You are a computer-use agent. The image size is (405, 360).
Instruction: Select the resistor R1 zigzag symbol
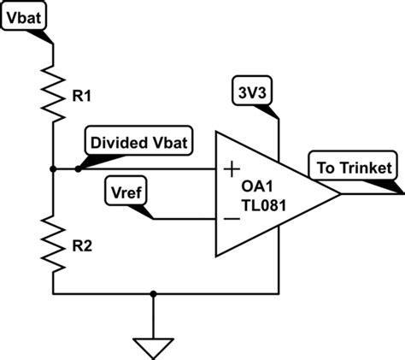[x=53, y=96]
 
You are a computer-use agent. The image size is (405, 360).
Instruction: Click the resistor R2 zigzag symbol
[x=53, y=242]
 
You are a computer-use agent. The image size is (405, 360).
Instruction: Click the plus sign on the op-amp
[x=231, y=169]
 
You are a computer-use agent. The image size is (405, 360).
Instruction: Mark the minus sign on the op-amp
[x=231, y=219]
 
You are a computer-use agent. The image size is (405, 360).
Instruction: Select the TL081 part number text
[x=261, y=205]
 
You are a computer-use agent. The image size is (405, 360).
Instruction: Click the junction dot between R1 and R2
[x=53, y=169]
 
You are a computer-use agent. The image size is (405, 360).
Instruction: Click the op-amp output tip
[x=340, y=193]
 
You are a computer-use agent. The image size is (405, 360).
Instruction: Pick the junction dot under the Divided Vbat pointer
[x=78, y=169]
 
